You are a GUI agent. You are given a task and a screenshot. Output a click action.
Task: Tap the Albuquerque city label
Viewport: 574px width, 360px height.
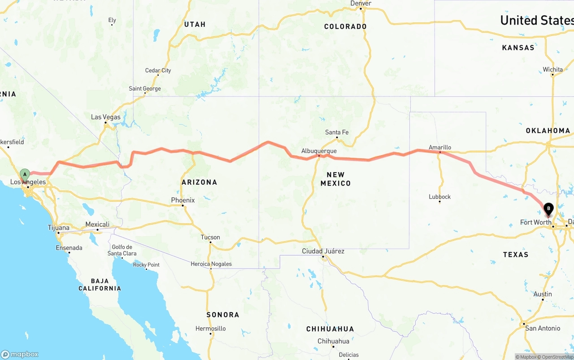(319, 151)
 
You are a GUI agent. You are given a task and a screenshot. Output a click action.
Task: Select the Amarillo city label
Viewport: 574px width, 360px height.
(440, 147)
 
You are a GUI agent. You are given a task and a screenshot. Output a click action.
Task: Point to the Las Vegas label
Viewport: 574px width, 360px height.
(106, 117)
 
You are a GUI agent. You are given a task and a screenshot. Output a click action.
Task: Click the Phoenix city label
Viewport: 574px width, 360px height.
(183, 200)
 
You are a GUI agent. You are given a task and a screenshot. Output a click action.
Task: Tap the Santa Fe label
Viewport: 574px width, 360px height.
(337, 132)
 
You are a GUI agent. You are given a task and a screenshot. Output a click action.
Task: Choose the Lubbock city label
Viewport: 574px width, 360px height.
(439, 197)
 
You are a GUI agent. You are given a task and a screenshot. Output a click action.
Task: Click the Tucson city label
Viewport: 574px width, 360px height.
(210, 238)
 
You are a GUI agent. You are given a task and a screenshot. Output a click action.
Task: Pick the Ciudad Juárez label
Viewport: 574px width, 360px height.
(323, 251)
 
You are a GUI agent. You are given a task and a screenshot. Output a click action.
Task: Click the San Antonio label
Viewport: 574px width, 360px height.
(543, 328)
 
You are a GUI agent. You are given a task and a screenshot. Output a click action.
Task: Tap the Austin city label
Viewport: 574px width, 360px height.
(543, 294)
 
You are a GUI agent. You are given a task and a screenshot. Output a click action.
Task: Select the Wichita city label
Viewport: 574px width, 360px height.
(552, 69)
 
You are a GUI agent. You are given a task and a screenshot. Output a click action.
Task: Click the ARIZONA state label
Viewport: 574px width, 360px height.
(199, 182)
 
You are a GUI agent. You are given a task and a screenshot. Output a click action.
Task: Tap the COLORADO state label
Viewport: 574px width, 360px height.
(345, 26)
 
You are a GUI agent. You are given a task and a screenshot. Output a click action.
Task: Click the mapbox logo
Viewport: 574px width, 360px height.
(20, 354)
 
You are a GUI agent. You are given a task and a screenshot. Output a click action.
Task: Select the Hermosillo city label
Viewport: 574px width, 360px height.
(210, 329)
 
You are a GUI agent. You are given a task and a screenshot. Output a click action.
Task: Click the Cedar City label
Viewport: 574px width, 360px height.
(158, 70)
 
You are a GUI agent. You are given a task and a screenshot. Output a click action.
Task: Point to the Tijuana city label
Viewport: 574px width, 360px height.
(59, 228)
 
